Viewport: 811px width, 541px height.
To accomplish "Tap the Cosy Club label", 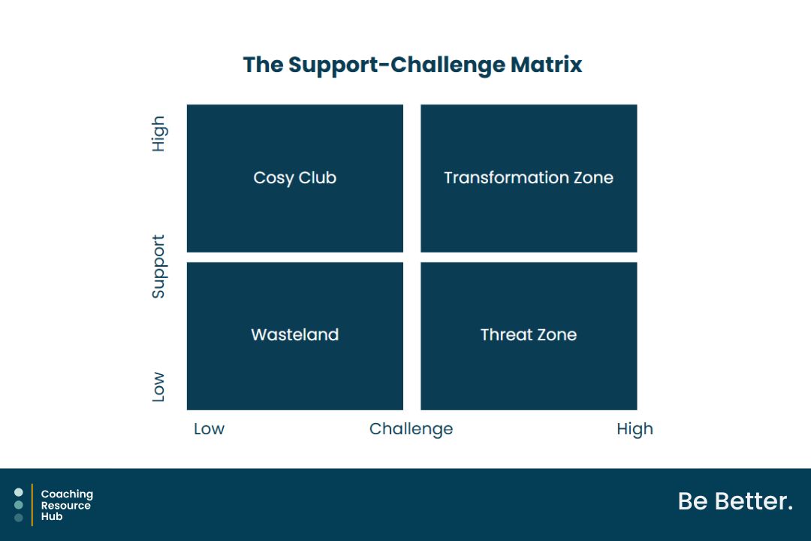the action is click(x=295, y=178).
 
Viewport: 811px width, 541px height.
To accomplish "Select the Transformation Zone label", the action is click(x=529, y=177).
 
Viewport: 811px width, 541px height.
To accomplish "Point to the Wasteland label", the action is click(x=295, y=334).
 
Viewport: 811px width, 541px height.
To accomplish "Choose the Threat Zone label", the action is click(x=529, y=334).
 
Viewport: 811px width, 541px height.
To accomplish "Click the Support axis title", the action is click(x=158, y=267).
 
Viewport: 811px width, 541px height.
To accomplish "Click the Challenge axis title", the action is click(x=412, y=429).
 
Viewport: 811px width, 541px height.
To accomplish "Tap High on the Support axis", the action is click(x=158, y=134).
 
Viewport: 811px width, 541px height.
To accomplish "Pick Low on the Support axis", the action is click(x=158, y=387).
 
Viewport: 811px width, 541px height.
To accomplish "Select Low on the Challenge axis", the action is click(x=209, y=428).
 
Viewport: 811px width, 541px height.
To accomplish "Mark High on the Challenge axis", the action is click(x=635, y=429).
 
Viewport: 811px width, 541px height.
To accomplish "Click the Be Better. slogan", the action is click(x=735, y=501).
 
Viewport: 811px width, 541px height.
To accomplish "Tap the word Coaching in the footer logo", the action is click(x=68, y=494).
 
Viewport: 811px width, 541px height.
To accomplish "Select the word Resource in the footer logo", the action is click(x=65, y=505).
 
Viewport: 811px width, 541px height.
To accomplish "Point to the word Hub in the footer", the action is click(x=52, y=516).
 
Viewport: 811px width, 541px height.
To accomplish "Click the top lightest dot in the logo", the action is click(x=19, y=492).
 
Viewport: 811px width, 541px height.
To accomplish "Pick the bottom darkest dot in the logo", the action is click(x=19, y=518).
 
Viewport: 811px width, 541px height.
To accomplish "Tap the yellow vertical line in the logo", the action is click(x=32, y=505).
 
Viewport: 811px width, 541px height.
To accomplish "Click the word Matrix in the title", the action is click(x=546, y=65).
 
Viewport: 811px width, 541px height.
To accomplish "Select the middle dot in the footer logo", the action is click(x=19, y=505).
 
